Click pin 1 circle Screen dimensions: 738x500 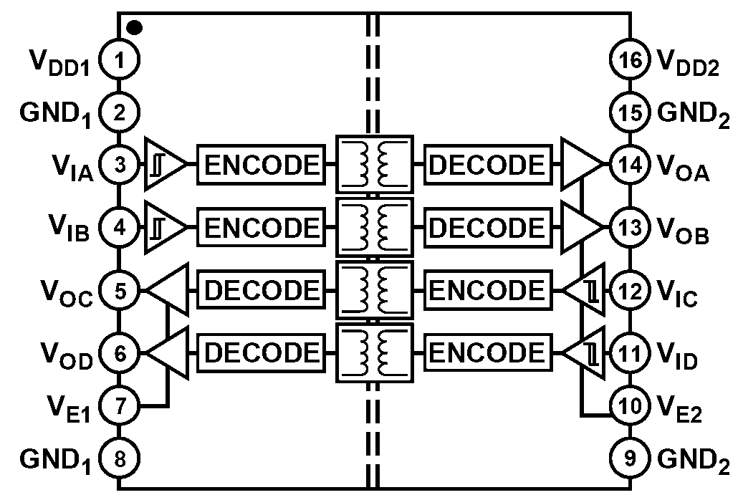coord(119,60)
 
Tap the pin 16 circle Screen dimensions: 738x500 coord(631,59)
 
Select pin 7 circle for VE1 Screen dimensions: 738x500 coord(120,405)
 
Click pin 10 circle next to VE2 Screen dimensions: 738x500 coord(631,405)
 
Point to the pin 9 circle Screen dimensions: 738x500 coord(631,458)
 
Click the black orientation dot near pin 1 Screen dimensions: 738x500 coord(135,28)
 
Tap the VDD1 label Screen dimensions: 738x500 coord(59,62)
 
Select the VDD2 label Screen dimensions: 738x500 coord(688,62)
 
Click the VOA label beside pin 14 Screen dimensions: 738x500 coord(683,168)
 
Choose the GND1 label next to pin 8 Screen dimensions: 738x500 coord(56,459)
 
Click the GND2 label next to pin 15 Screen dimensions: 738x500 coord(694,115)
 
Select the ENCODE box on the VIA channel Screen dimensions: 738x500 coord(262,165)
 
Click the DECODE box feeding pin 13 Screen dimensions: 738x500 coord(488,228)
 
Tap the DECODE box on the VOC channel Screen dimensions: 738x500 coord(262,289)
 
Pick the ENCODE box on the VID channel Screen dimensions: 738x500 coord(488,352)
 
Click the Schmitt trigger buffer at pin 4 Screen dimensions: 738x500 coord(165,227)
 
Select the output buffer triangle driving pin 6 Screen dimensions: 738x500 coord(168,352)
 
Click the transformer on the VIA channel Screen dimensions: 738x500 coord(375,164)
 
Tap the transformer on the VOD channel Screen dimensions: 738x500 coord(375,352)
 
